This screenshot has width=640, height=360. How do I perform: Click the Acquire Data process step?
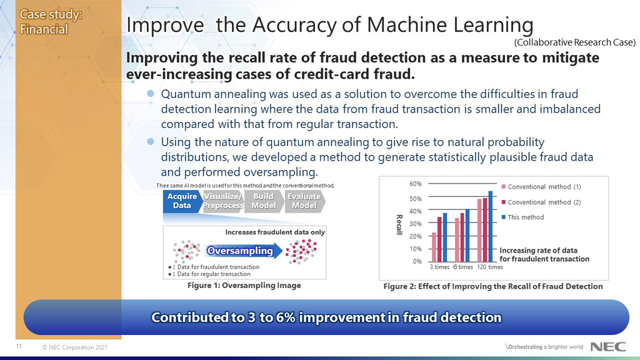[181, 201]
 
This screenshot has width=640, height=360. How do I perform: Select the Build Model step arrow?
[263, 201]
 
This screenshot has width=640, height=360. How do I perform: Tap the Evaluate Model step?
[304, 201]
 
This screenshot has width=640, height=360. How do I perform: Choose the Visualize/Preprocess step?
[223, 201]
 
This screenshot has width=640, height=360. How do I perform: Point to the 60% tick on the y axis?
[415, 184]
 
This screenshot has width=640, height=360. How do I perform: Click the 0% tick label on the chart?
[417, 261]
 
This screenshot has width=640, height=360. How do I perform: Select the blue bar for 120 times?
[491, 226]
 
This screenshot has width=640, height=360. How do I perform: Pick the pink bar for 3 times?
[434, 247]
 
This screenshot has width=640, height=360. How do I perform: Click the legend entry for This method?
[526, 217]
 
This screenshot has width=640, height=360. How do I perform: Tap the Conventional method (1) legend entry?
[544, 187]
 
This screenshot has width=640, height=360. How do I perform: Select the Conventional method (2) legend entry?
[544, 202]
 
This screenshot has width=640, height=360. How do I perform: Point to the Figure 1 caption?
[244, 286]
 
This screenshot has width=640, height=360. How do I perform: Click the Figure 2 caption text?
[492, 286]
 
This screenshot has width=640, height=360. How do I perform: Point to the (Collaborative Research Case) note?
[574, 42]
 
